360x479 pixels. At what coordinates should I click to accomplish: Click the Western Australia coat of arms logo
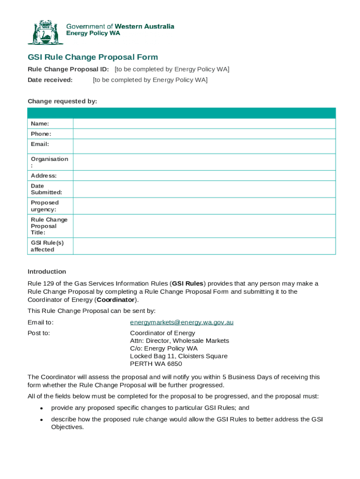pyautogui.click(x=45, y=32)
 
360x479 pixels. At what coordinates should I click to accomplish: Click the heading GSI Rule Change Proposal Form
pyautogui.click(x=93, y=57)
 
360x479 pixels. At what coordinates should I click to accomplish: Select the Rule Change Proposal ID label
pyautogui.click(x=68, y=69)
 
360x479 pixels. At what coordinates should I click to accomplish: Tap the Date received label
pyautogui.click(x=50, y=80)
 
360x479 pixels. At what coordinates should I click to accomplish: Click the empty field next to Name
pyautogui.click(x=204, y=123)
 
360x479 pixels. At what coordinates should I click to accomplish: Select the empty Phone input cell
pyautogui.click(x=204, y=134)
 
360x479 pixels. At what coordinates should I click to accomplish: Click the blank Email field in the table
pyautogui.click(x=204, y=146)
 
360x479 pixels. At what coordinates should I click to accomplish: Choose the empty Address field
pyautogui.click(x=204, y=176)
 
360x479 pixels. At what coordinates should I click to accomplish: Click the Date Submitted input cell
pyautogui.click(x=204, y=189)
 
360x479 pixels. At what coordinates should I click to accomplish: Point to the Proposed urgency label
pyautogui.click(x=45, y=206)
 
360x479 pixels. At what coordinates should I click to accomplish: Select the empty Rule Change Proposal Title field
pyautogui.click(x=204, y=226)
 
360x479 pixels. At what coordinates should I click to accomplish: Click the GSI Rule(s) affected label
pyautogui.click(x=47, y=246)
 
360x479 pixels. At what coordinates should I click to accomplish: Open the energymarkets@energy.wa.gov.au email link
pyautogui.click(x=181, y=322)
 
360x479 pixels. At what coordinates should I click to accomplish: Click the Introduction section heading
pyautogui.click(x=47, y=272)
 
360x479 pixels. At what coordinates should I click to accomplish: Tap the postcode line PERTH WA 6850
pyautogui.click(x=156, y=364)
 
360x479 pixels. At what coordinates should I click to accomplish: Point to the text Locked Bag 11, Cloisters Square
pyautogui.click(x=179, y=356)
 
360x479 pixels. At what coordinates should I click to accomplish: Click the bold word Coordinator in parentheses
pyautogui.click(x=115, y=300)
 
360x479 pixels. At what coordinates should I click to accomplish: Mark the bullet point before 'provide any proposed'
pyautogui.click(x=41, y=408)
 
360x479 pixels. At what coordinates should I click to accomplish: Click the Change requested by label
pyautogui.click(x=62, y=101)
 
